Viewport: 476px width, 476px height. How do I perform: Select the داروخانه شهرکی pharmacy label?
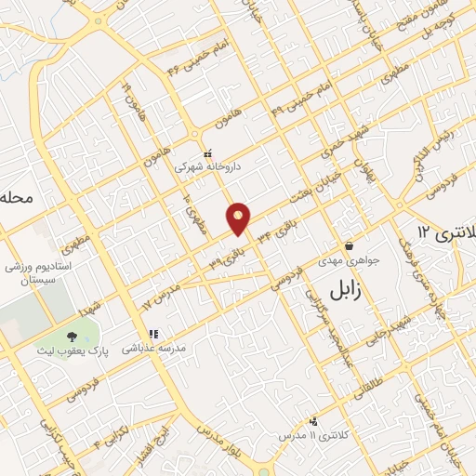click(208, 167)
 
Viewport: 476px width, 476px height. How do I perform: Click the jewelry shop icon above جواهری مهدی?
click(348, 245)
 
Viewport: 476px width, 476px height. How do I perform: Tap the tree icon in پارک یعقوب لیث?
click(72, 335)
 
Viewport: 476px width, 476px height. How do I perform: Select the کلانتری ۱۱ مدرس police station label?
click(312, 435)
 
